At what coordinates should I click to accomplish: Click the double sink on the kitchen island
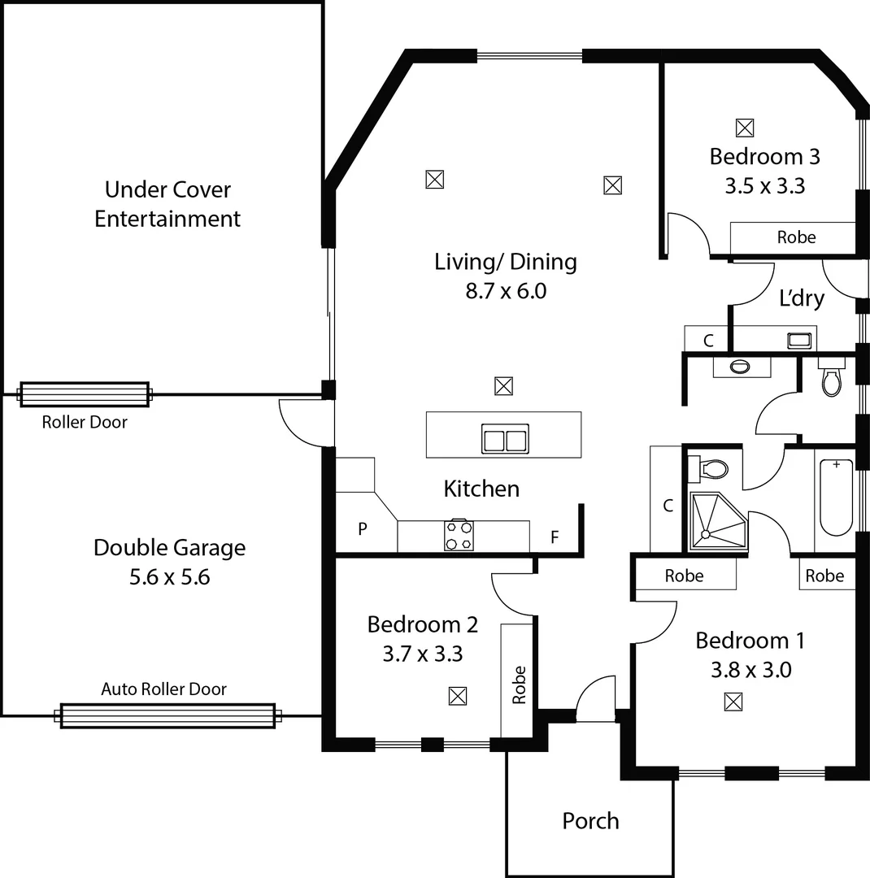pos(505,440)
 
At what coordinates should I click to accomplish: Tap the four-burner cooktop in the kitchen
pos(459,535)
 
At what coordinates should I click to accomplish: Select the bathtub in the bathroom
pos(836,497)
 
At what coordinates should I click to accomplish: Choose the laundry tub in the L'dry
pos(800,340)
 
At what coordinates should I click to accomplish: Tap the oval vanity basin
pos(741,367)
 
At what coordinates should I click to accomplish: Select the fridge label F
pos(555,537)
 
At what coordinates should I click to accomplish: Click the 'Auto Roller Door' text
pos(163,689)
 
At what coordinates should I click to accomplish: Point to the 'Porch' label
pos(590,821)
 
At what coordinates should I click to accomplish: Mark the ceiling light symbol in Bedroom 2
pos(458,696)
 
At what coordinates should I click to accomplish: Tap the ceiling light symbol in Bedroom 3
pos(744,128)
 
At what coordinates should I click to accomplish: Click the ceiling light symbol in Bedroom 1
pos(733,702)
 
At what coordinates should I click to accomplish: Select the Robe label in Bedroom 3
pos(796,237)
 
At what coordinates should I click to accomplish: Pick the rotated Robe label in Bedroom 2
pos(519,685)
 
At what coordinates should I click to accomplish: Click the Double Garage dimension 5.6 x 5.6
pos(169,577)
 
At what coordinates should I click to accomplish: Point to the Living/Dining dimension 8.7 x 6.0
pos(505,290)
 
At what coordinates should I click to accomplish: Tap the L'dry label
pos(802,298)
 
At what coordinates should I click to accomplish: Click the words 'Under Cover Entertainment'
pos(167,204)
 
